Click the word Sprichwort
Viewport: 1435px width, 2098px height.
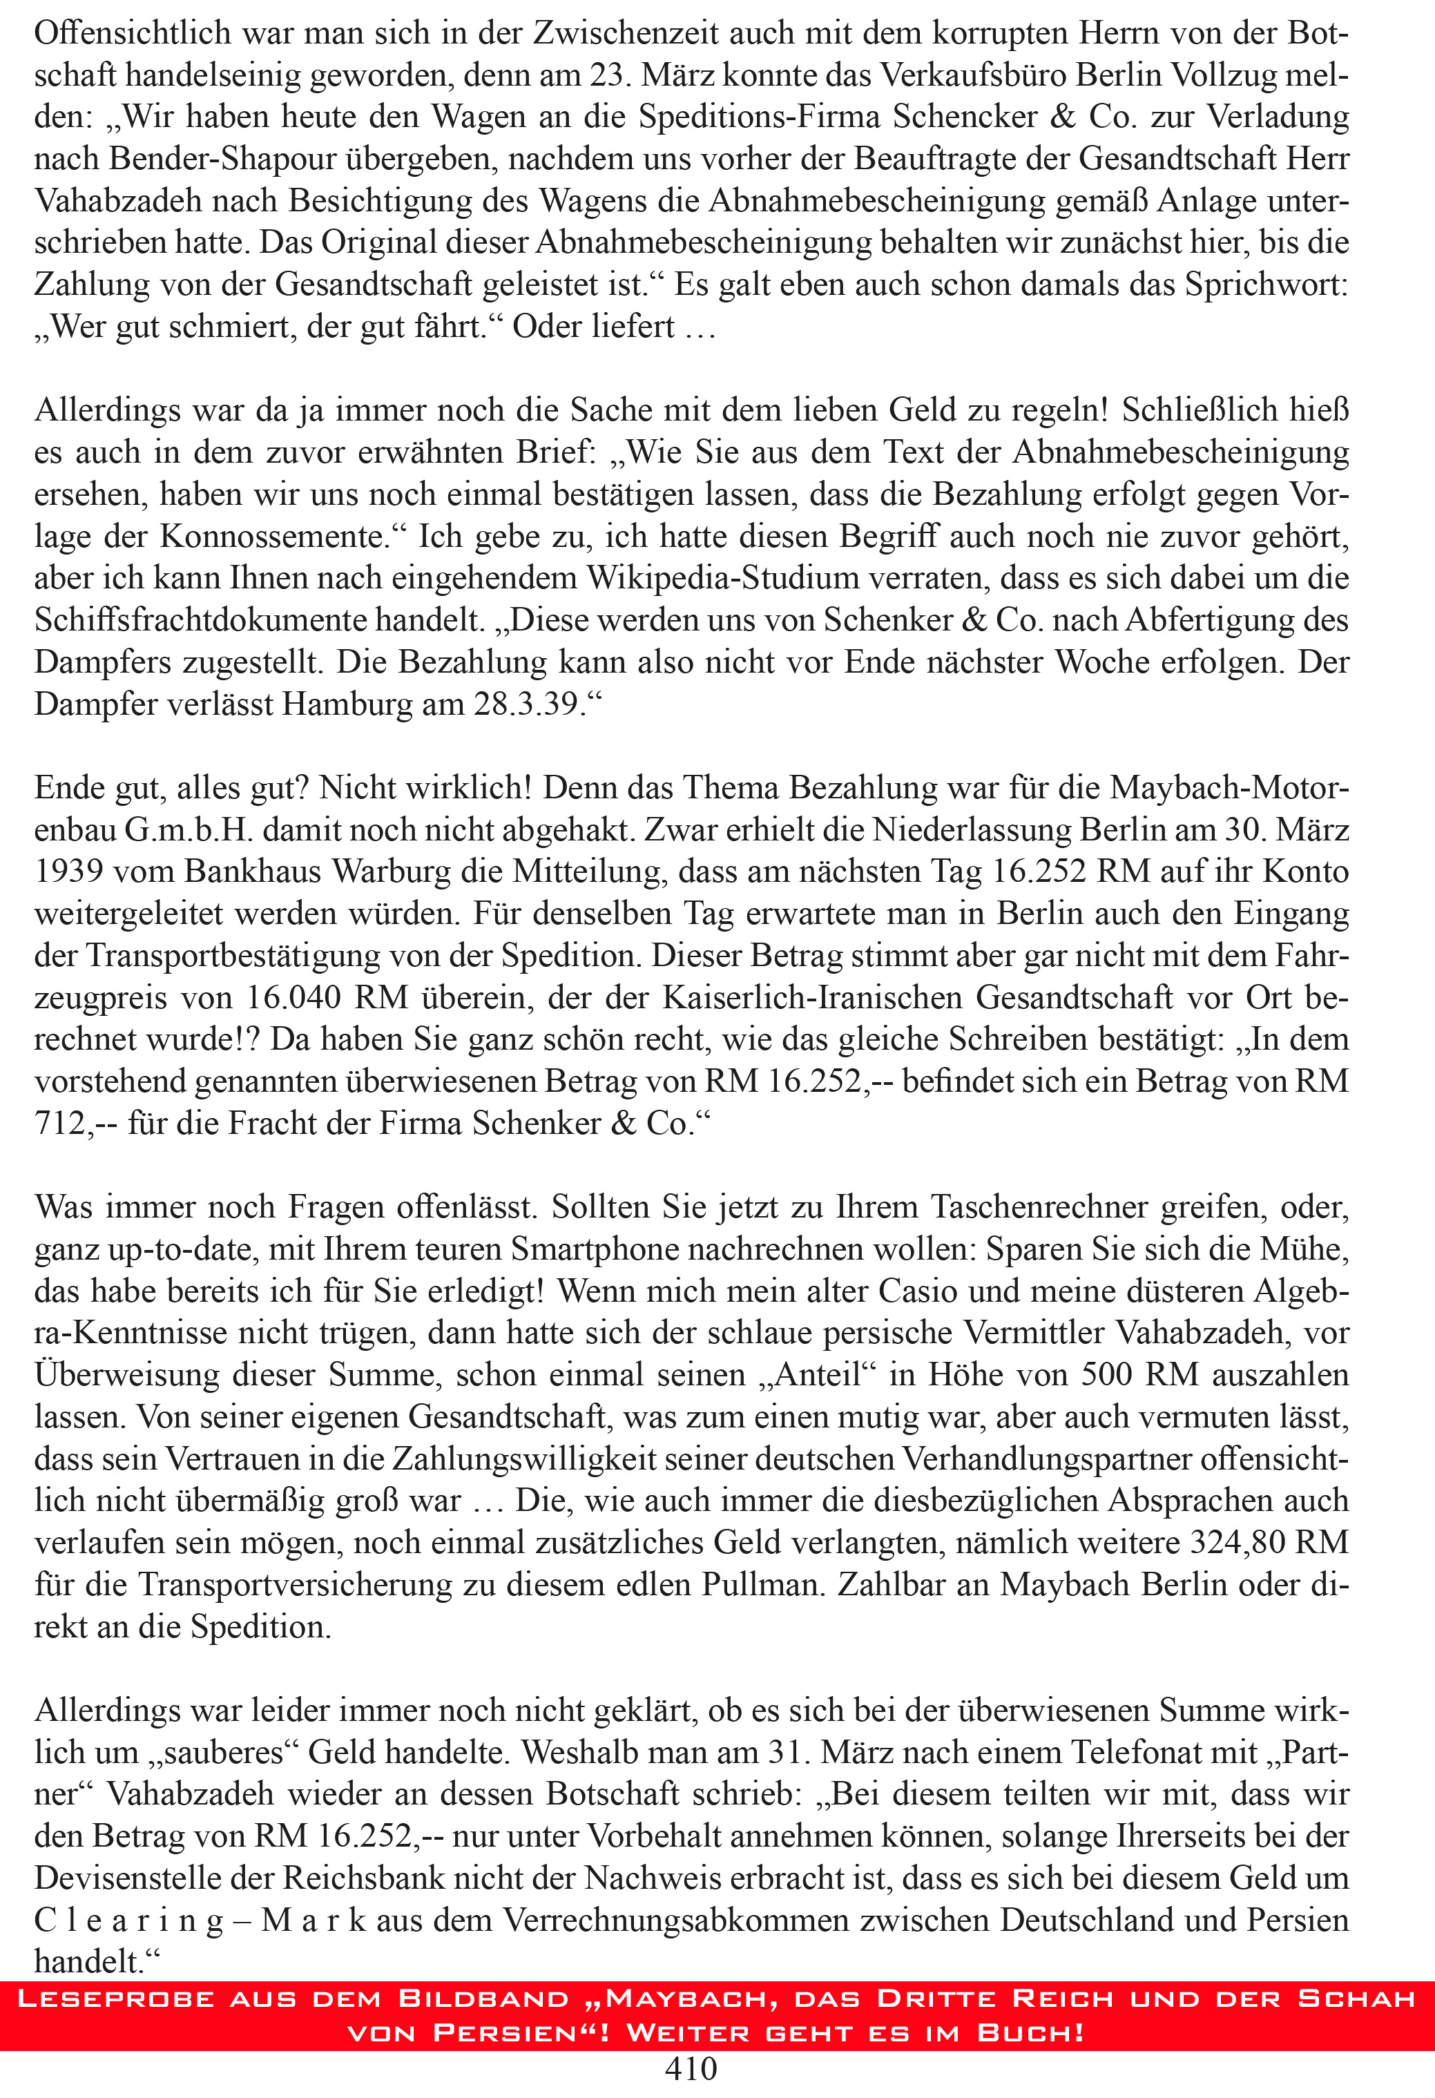click(x=1264, y=285)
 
